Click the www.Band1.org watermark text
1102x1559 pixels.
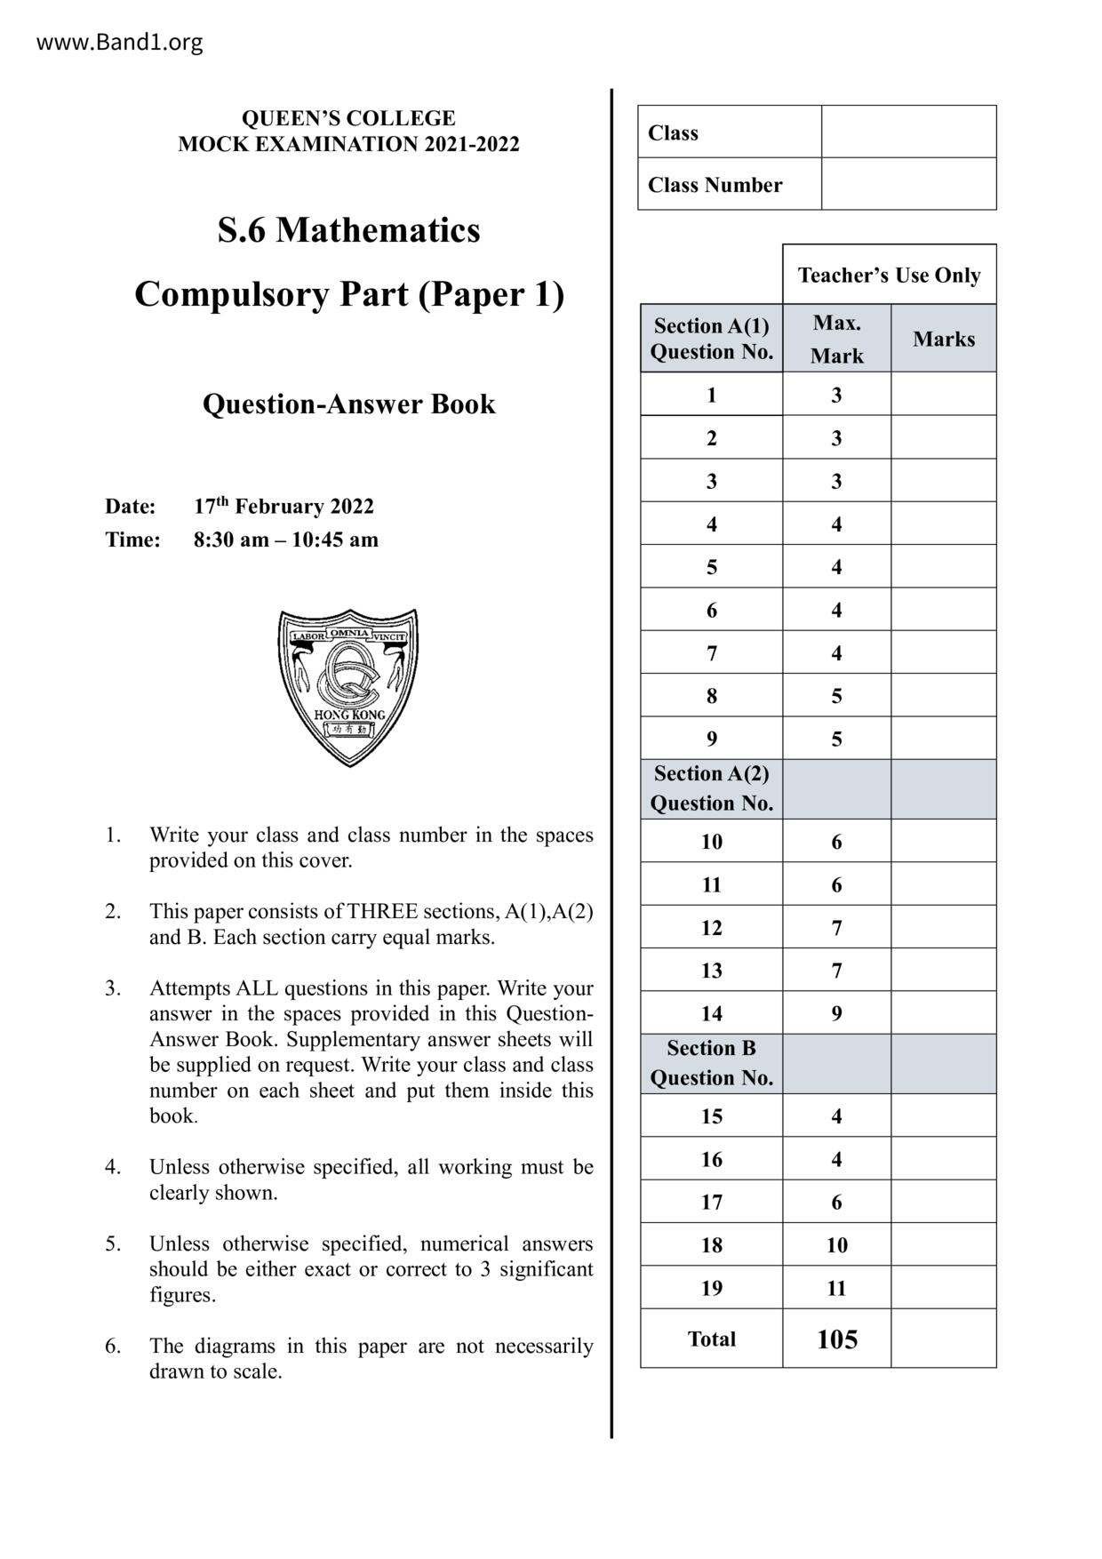(x=119, y=42)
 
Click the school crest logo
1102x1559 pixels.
(x=348, y=686)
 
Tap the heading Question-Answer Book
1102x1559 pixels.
(x=348, y=404)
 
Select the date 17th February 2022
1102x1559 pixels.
(x=283, y=507)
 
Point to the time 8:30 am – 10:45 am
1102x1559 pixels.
(x=285, y=540)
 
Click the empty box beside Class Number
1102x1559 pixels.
(x=908, y=184)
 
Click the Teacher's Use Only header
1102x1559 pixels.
(x=889, y=276)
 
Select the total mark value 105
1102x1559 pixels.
(x=836, y=1339)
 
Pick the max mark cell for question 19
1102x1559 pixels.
(x=836, y=1288)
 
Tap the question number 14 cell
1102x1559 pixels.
(x=711, y=1013)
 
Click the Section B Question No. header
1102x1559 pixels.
(x=711, y=1063)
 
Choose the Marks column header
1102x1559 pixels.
(x=944, y=339)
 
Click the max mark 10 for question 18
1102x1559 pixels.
(x=836, y=1245)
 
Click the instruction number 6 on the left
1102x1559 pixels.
(x=113, y=1346)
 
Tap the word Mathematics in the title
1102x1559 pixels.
(x=378, y=230)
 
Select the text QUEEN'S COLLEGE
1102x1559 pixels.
(x=348, y=118)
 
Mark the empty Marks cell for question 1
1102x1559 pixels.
(x=944, y=395)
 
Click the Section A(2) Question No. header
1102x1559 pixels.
(x=711, y=788)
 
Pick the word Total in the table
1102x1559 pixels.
(x=711, y=1339)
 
